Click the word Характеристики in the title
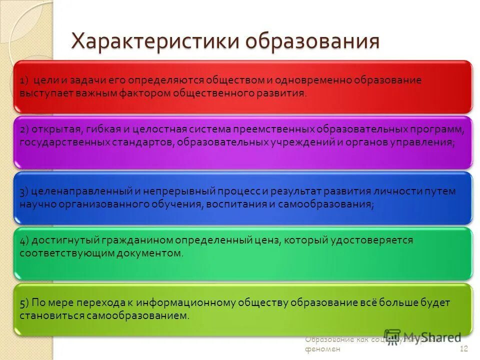[x=153, y=41]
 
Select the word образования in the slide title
[x=311, y=41]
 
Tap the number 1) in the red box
[x=25, y=80]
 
